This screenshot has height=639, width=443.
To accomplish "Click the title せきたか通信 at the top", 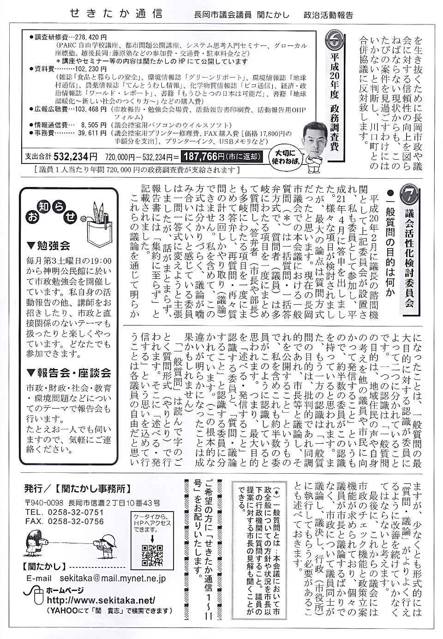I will (116, 13).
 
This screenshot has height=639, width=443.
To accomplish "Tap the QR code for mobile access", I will (152, 555).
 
